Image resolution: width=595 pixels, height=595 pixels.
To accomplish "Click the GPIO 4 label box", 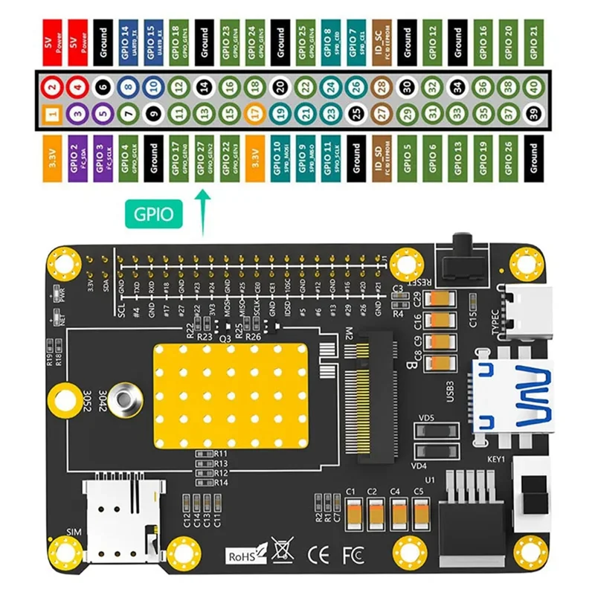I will [x=128, y=158].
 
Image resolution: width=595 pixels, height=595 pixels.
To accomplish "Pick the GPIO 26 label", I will [x=508, y=158].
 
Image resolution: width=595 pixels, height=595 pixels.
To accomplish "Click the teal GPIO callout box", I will [x=155, y=214].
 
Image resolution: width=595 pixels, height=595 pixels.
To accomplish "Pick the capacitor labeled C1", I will [x=354, y=511].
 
